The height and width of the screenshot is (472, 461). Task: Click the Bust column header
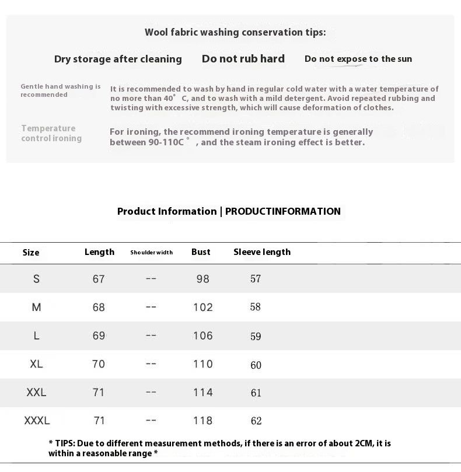point(201,252)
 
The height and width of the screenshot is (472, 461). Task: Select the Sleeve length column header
point(262,252)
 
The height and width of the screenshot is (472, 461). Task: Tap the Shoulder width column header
point(151,253)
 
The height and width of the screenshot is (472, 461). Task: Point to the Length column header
point(99,252)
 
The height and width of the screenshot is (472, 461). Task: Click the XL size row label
point(36,363)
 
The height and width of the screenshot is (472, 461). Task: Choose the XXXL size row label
point(37,420)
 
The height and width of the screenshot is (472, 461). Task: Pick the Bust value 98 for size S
point(202,279)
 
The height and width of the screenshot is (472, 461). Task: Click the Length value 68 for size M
point(99,307)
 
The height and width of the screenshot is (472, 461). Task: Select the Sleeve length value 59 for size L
point(256,336)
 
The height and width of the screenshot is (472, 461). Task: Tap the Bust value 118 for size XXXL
point(202,421)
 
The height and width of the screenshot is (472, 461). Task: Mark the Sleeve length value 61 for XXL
point(256,393)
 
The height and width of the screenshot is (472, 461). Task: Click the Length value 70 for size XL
point(99,364)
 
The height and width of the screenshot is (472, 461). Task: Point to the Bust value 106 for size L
point(202,335)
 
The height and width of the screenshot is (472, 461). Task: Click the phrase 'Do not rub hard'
point(243,59)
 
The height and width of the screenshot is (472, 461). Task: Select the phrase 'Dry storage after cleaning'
point(118,59)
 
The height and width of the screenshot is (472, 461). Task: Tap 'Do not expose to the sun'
point(358,59)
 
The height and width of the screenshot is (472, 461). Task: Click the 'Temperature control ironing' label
point(51,133)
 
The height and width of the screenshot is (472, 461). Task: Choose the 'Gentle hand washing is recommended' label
point(61,90)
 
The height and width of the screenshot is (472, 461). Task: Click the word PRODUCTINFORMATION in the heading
point(283,211)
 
